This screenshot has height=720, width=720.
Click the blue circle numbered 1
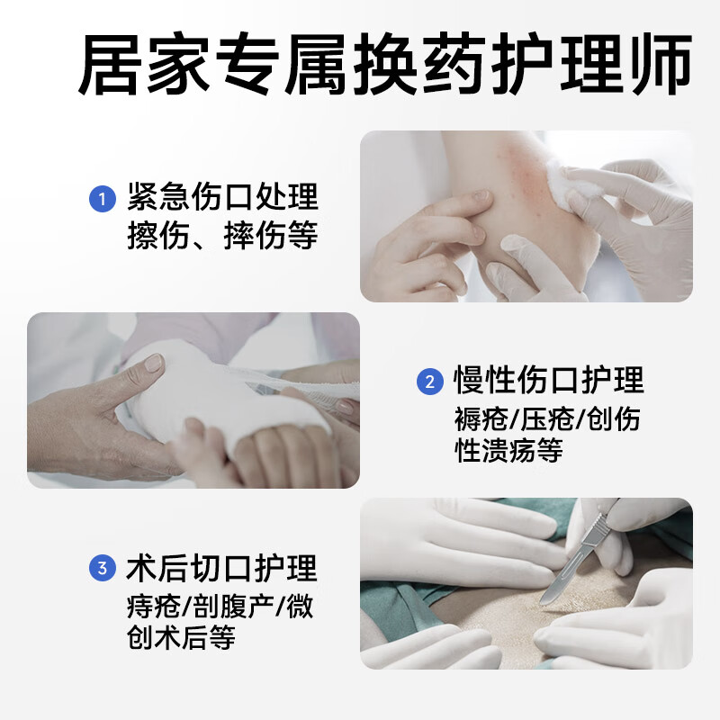click(103, 199)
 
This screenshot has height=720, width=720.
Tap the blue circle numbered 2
click(430, 381)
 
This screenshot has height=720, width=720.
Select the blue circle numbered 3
click(103, 568)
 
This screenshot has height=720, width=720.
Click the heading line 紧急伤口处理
click(222, 197)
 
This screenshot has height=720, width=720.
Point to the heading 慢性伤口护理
click(549, 380)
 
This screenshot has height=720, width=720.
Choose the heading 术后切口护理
click(221, 568)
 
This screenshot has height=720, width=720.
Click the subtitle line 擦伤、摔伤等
click(222, 235)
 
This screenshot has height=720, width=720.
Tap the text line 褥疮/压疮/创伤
click(547, 418)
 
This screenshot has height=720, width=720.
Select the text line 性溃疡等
click(508, 451)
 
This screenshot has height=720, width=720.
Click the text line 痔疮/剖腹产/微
click(220, 606)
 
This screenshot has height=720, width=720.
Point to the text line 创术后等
click(181, 637)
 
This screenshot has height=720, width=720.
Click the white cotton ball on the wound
click(571, 186)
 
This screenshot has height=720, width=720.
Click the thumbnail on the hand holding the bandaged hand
click(153, 364)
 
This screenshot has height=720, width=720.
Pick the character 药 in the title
click(454, 63)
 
